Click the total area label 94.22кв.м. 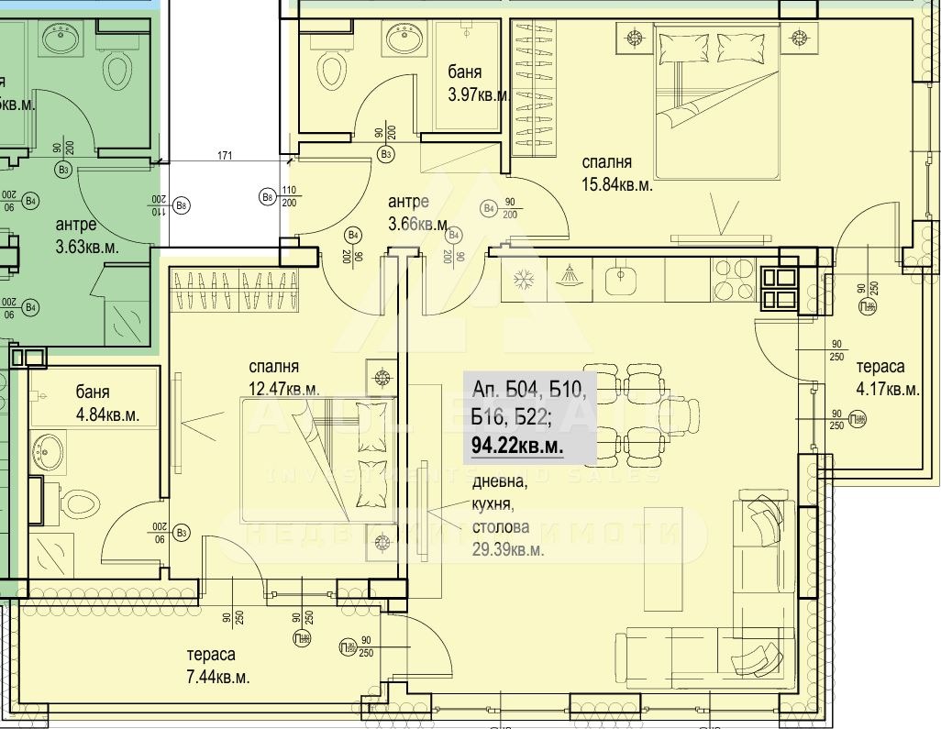click(516, 447)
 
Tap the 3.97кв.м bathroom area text click(478, 94)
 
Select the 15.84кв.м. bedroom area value click(617, 185)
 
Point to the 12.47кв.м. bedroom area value click(283, 389)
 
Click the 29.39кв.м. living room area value click(508, 549)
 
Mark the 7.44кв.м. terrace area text click(217, 678)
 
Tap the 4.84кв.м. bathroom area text click(107, 414)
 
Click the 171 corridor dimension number click(225, 157)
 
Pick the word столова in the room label click(501, 527)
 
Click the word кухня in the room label click(495, 504)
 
